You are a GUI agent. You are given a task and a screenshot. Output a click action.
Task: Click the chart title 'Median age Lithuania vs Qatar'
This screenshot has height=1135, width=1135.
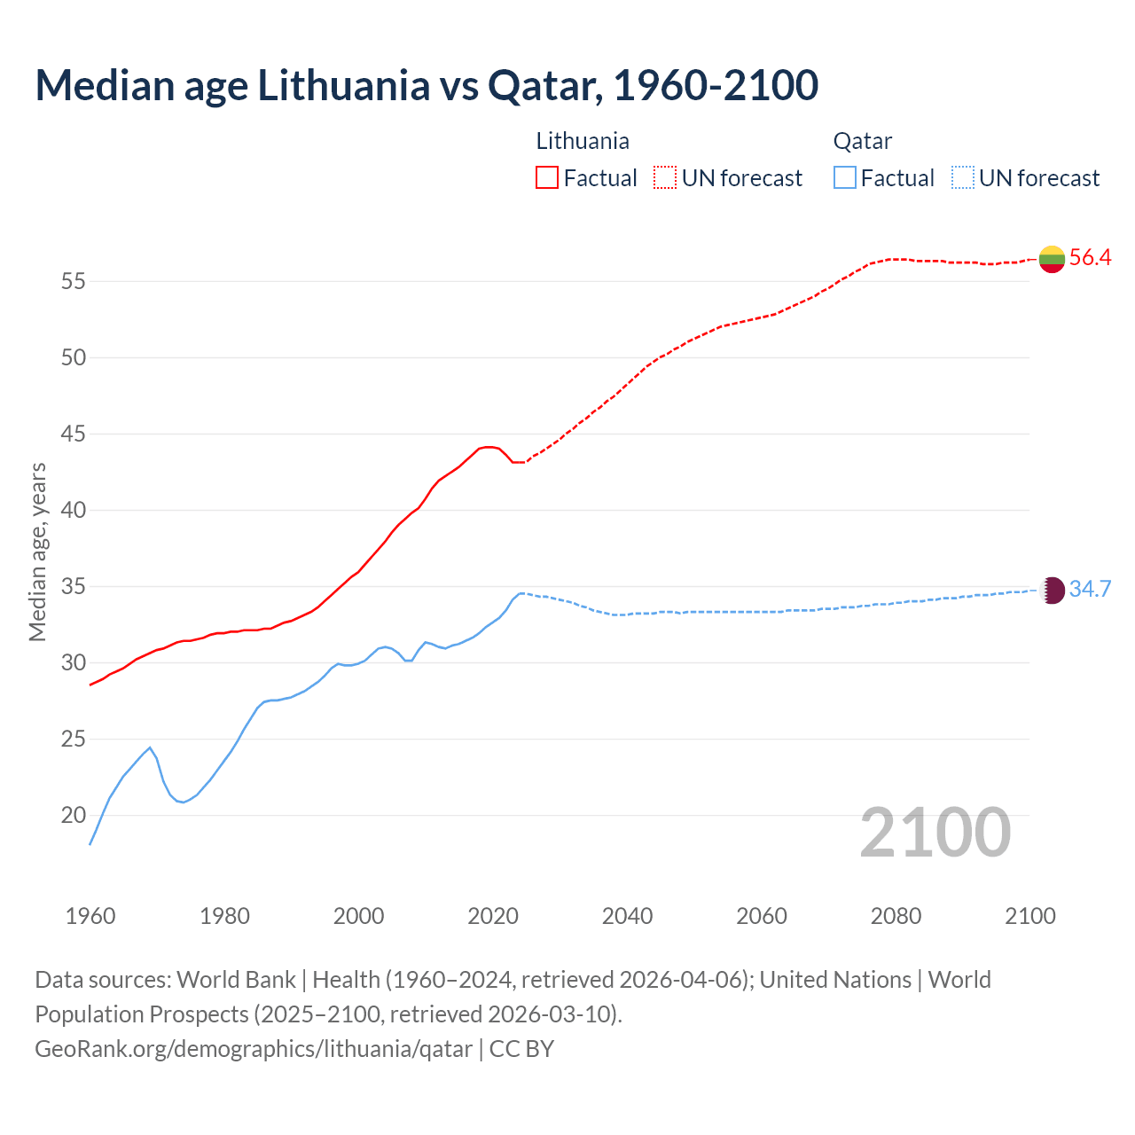pyautogui.click(x=426, y=85)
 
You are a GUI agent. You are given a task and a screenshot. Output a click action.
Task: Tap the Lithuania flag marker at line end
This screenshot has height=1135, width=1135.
pyautogui.click(x=1052, y=259)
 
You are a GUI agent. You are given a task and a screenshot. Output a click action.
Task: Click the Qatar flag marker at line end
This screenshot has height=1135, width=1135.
pyautogui.click(x=1052, y=591)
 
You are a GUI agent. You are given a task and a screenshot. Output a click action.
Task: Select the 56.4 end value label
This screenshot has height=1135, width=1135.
pyautogui.click(x=1090, y=258)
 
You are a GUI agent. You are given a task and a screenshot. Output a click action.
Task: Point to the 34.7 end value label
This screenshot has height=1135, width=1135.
pyautogui.click(x=1090, y=590)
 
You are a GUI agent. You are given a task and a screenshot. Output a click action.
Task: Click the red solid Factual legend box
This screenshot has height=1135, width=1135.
pyautogui.click(x=547, y=178)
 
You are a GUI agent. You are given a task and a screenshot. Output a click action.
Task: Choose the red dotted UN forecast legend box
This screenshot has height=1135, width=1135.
pyautogui.click(x=665, y=178)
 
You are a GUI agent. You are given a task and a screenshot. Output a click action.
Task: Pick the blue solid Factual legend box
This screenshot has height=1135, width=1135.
pyautogui.click(x=845, y=178)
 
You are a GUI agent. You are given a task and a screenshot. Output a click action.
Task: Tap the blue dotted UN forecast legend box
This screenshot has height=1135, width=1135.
pyautogui.click(x=962, y=178)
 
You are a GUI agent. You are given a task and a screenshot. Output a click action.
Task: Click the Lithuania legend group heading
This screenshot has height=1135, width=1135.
pyautogui.click(x=583, y=141)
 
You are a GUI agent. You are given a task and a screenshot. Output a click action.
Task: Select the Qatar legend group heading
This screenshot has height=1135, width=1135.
pyautogui.click(x=862, y=141)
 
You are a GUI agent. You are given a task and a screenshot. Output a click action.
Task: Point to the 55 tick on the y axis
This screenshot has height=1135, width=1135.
pyautogui.click(x=73, y=282)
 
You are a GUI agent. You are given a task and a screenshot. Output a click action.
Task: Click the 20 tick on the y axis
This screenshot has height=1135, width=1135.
pyautogui.click(x=73, y=816)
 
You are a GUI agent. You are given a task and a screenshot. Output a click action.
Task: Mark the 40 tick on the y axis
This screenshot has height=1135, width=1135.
pyautogui.click(x=73, y=511)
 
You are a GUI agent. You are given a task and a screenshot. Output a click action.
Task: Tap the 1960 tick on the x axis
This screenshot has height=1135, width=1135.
pyautogui.click(x=90, y=916)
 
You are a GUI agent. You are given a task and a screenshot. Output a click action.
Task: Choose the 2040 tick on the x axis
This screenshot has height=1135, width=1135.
pyautogui.click(x=627, y=916)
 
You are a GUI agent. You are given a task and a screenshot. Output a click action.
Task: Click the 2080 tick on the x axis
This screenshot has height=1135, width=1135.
pyautogui.click(x=896, y=916)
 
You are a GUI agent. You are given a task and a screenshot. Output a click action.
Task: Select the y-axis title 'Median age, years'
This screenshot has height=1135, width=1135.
pyautogui.click(x=37, y=552)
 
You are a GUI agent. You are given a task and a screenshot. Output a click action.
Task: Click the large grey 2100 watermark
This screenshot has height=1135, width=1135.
pyautogui.click(x=935, y=832)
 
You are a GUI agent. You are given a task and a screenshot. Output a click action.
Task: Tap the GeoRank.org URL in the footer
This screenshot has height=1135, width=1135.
pyautogui.click(x=254, y=1049)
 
